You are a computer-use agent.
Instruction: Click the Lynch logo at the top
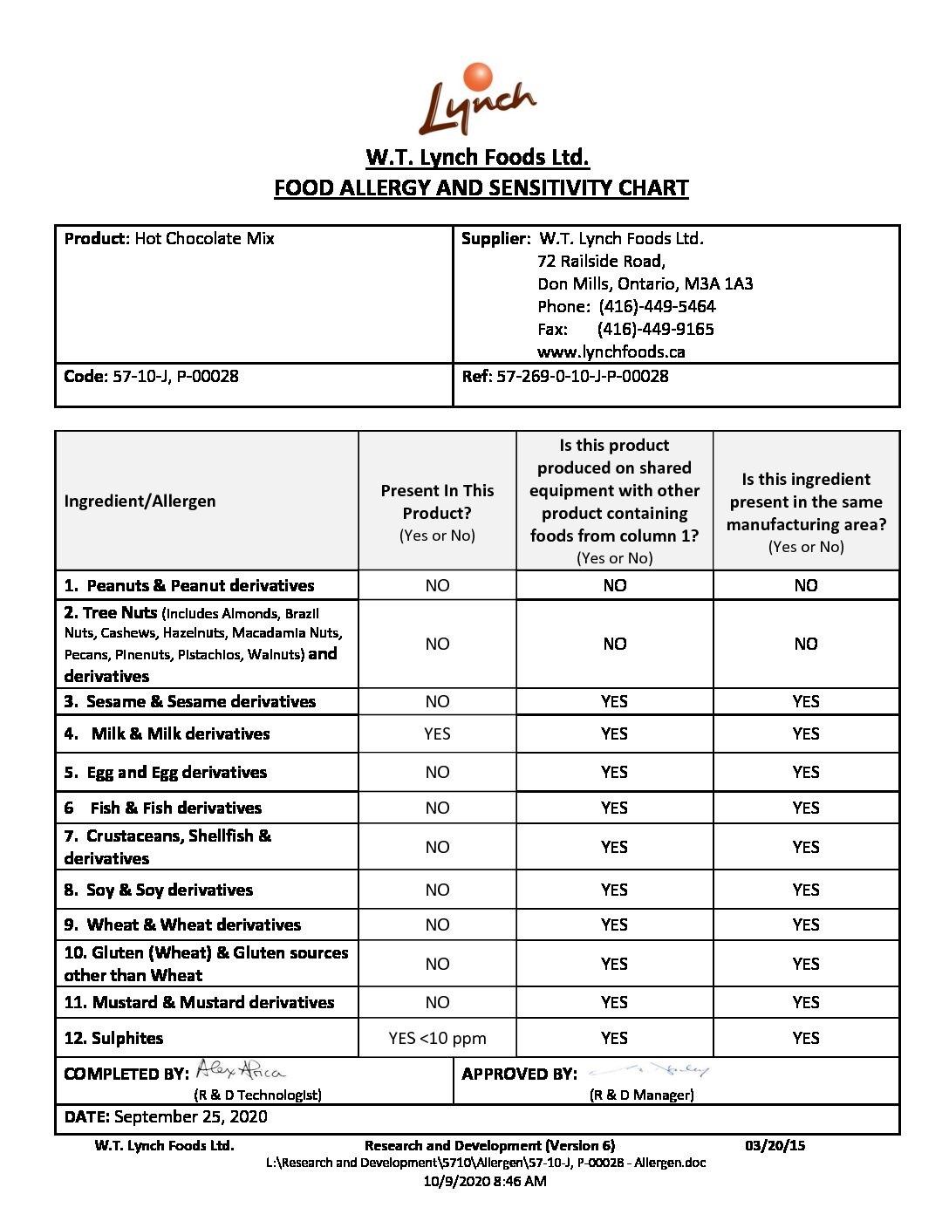(x=477, y=101)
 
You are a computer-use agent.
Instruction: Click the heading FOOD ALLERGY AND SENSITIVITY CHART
(x=481, y=188)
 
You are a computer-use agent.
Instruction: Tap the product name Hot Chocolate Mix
(x=204, y=239)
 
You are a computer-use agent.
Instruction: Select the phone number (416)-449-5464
(x=657, y=307)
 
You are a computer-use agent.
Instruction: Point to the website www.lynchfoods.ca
(x=611, y=352)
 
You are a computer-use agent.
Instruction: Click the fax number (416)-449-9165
(x=655, y=330)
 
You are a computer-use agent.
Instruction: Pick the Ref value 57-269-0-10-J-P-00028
(x=582, y=377)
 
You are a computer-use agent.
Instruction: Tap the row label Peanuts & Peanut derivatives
(x=200, y=586)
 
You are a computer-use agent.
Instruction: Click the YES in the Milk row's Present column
(x=437, y=734)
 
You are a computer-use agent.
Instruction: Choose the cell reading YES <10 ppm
(x=437, y=1039)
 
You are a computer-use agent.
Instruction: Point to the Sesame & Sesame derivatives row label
(x=201, y=702)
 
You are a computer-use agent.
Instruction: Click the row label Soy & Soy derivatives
(x=169, y=890)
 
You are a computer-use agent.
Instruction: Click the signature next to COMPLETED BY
(x=240, y=1069)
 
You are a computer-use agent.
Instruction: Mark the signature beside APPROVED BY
(x=650, y=1069)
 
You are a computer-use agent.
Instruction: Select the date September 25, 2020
(x=190, y=1117)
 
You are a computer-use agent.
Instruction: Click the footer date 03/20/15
(x=775, y=1146)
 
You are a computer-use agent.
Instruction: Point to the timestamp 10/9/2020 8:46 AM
(x=485, y=1182)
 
